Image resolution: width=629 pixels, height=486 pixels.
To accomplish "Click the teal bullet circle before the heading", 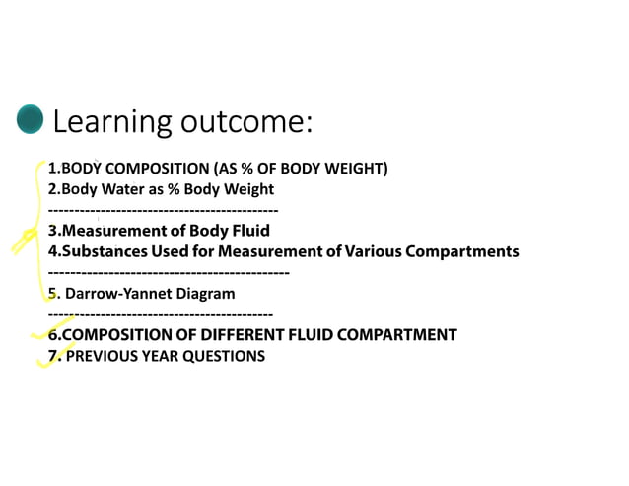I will pyautogui.click(x=31, y=120).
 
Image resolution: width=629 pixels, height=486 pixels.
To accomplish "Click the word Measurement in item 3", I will pyautogui.click(x=111, y=231).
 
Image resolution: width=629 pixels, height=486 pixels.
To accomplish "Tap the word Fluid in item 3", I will pyautogui.click(x=249, y=231).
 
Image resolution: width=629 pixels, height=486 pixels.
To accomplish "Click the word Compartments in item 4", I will pyautogui.click(x=462, y=251).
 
